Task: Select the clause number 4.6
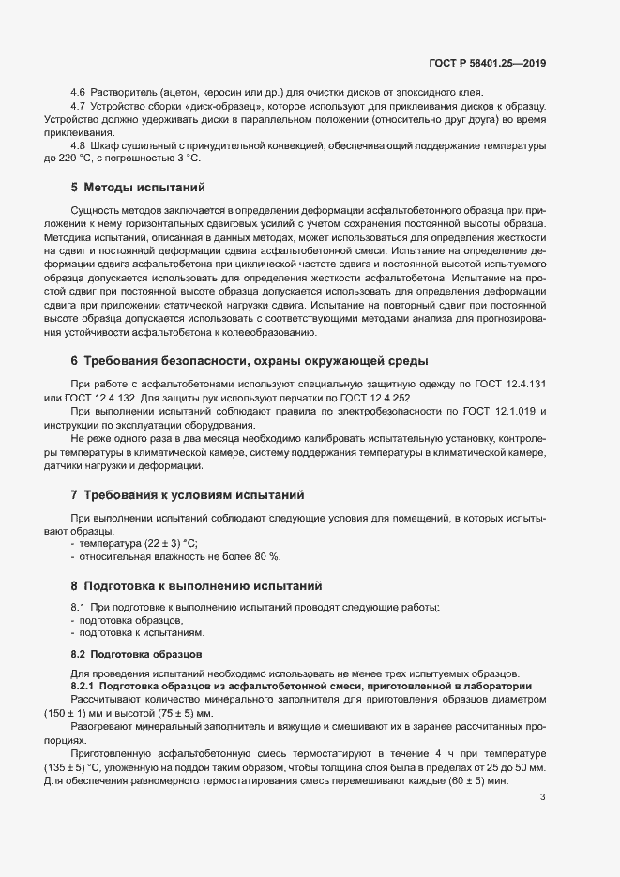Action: (78, 92)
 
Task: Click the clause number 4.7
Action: (78, 106)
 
